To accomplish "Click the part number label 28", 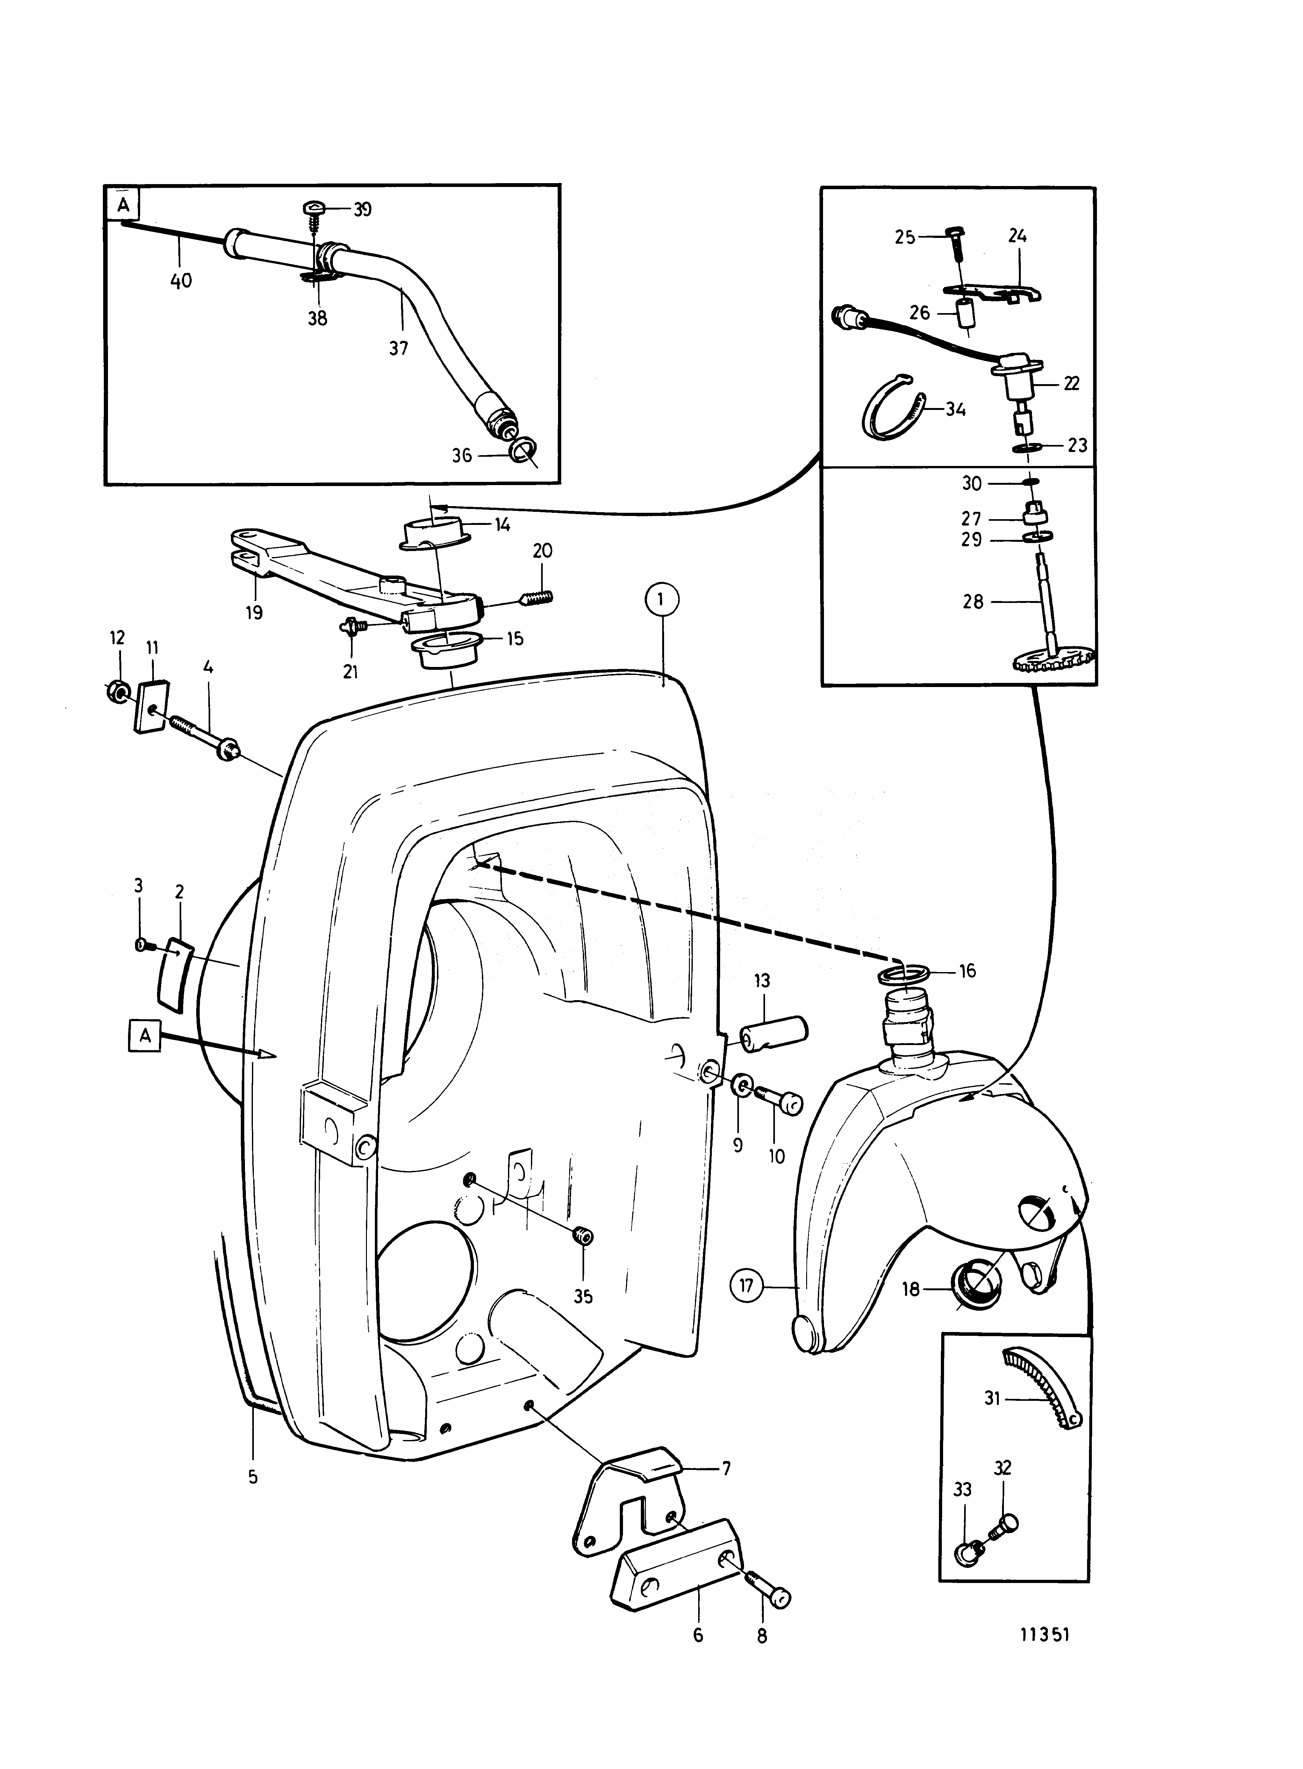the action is coord(973,602).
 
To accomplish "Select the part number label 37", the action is coord(399,348).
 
